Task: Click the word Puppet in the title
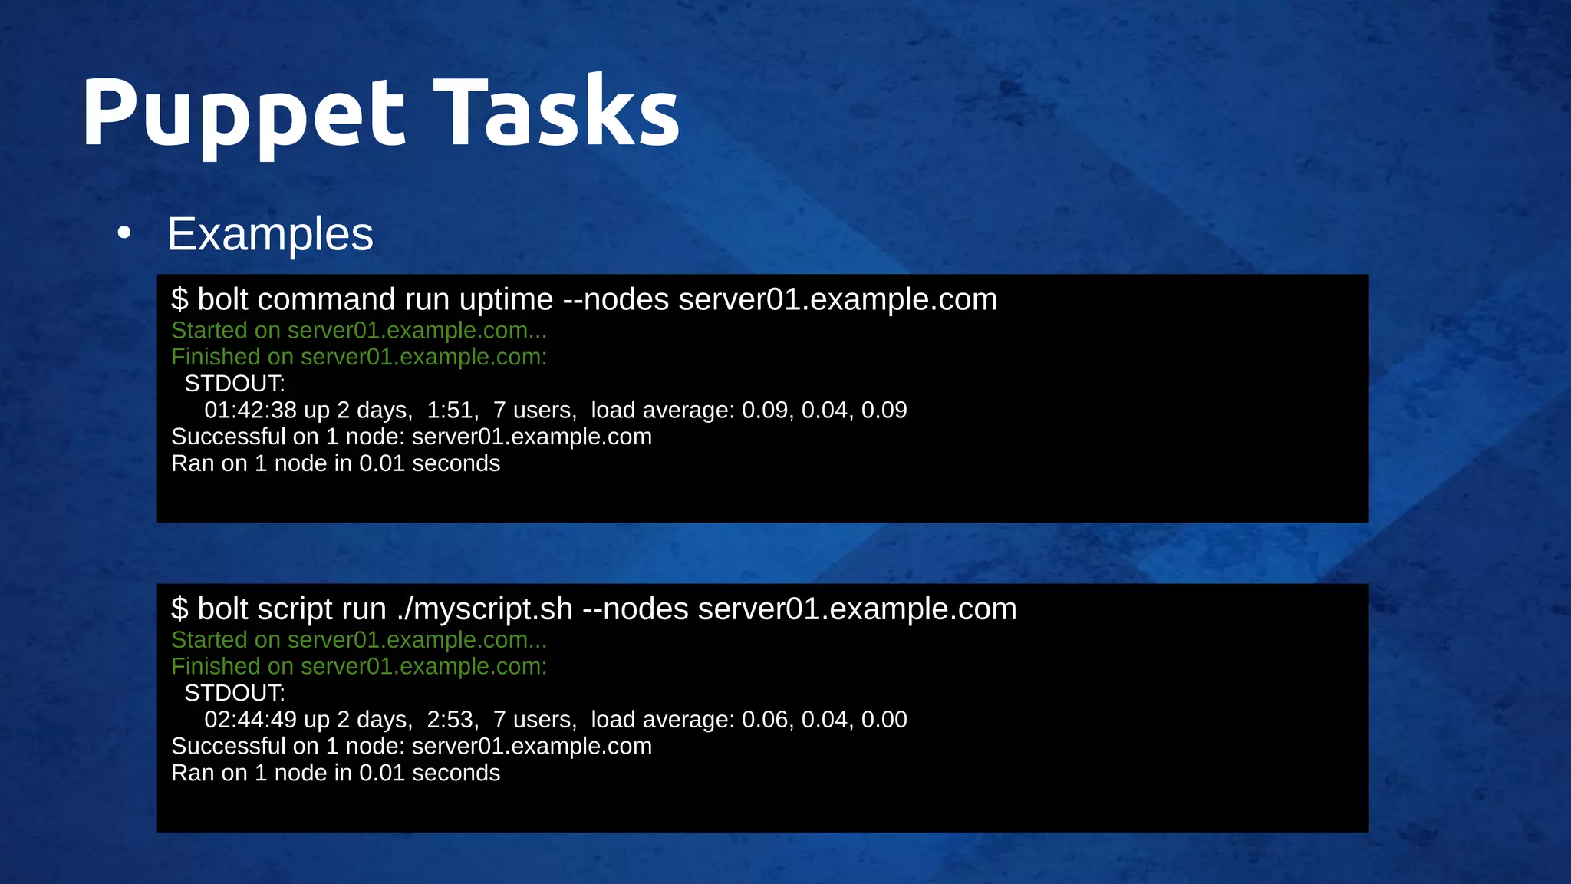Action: (x=242, y=114)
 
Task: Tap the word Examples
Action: (x=270, y=234)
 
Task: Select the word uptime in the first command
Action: (x=506, y=299)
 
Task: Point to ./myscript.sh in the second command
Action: (x=485, y=609)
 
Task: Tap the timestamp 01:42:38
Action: (x=250, y=410)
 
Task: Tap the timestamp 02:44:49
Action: (x=250, y=720)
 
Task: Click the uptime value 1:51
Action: (x=451, y=410)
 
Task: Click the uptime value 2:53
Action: (x=451, y=720)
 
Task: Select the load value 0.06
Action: (x=766, y=720)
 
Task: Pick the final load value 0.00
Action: (x=884, y=720)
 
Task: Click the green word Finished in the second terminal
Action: (x=216, y=667)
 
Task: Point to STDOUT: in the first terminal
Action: (x=235, y=384)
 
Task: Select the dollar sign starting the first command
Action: (x=179, y=299)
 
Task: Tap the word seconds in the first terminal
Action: (x=456, y=463)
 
